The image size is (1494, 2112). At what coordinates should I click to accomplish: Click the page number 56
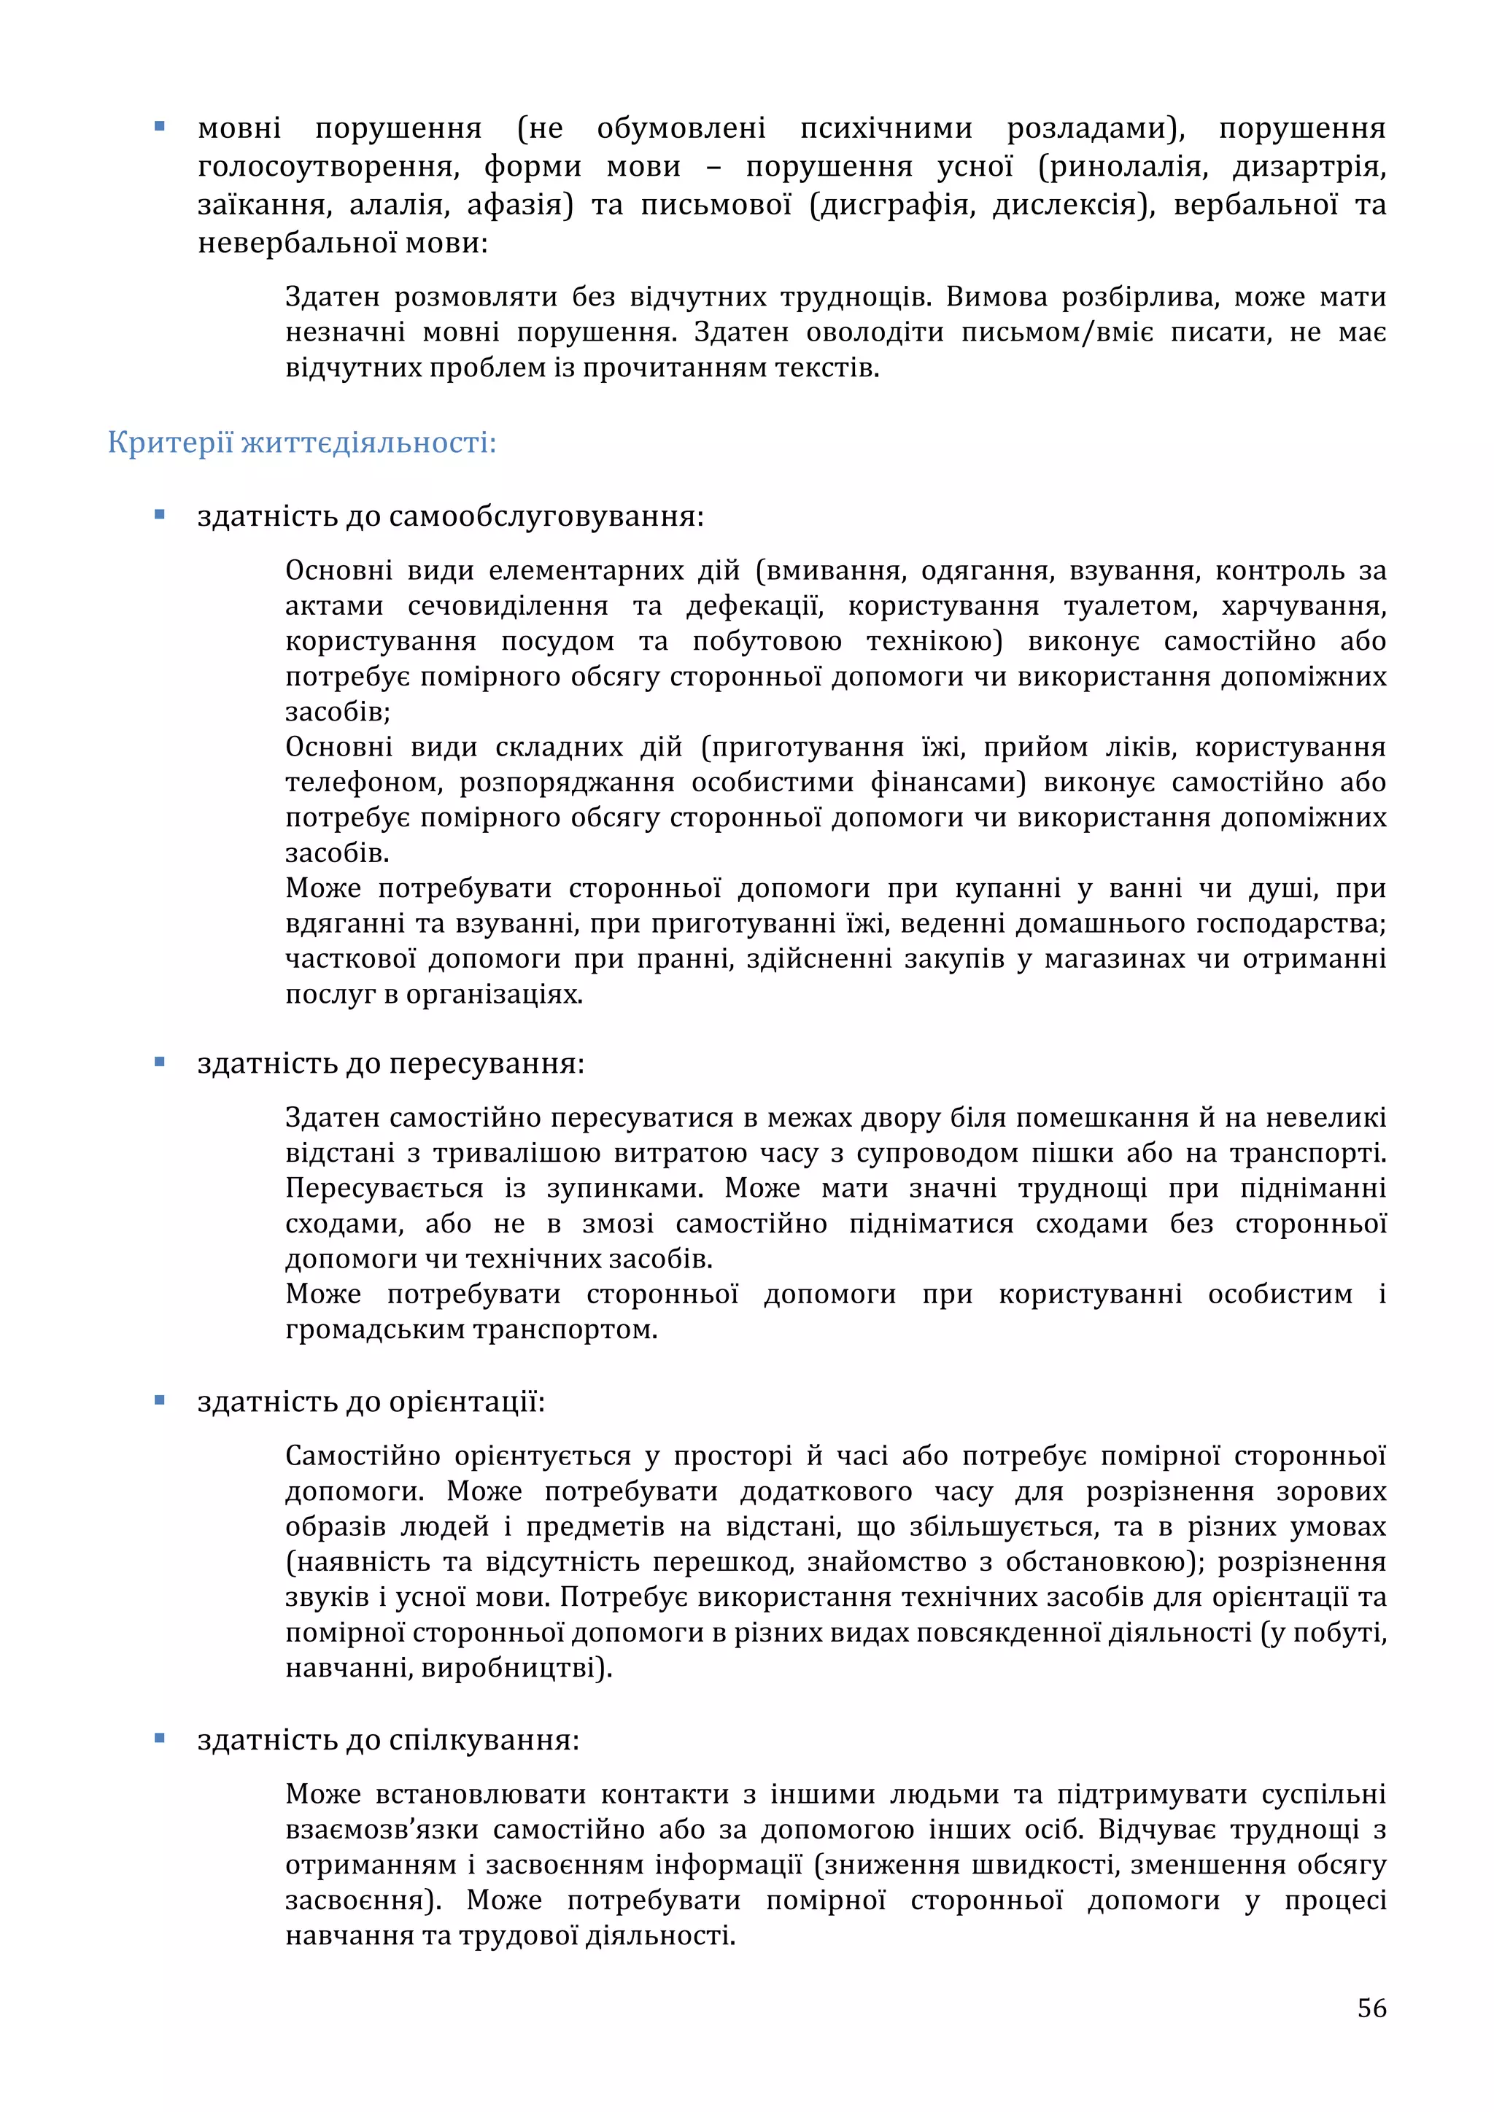(x=1371, y=2008)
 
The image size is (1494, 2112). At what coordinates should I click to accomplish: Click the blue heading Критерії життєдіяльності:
(x=302, y=443)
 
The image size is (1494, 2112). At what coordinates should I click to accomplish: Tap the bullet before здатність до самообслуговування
(x=160, y=515)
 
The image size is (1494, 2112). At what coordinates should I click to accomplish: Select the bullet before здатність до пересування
(x=160, y=1062)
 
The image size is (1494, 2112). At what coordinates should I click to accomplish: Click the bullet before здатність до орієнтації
(x=160, y=1400)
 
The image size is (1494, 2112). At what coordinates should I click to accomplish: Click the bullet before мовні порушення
(x=160, y=127)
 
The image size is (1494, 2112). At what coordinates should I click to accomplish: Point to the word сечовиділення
(x=508, y=606)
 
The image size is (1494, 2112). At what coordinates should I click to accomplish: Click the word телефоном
(x=363, y=783)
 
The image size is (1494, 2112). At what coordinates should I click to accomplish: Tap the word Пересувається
(x=384, y=1189)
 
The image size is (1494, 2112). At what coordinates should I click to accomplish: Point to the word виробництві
(x=516, y=1668)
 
